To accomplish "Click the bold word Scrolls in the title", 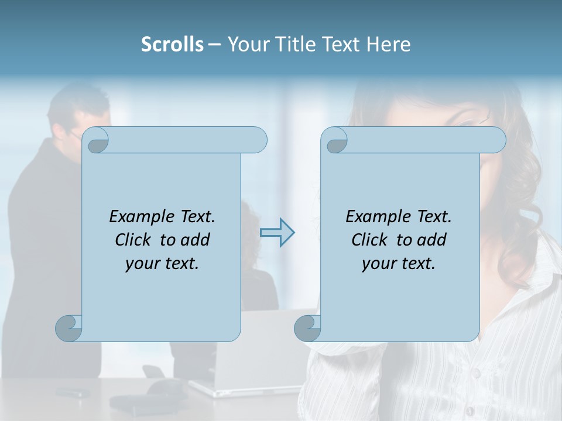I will (172, 44).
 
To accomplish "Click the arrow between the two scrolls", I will (277, 233).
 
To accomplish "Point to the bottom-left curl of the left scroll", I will (68, 328).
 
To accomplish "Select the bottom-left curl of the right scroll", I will (307, 328).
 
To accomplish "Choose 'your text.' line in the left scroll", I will (162, 263).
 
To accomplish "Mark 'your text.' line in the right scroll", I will (399, 263).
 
